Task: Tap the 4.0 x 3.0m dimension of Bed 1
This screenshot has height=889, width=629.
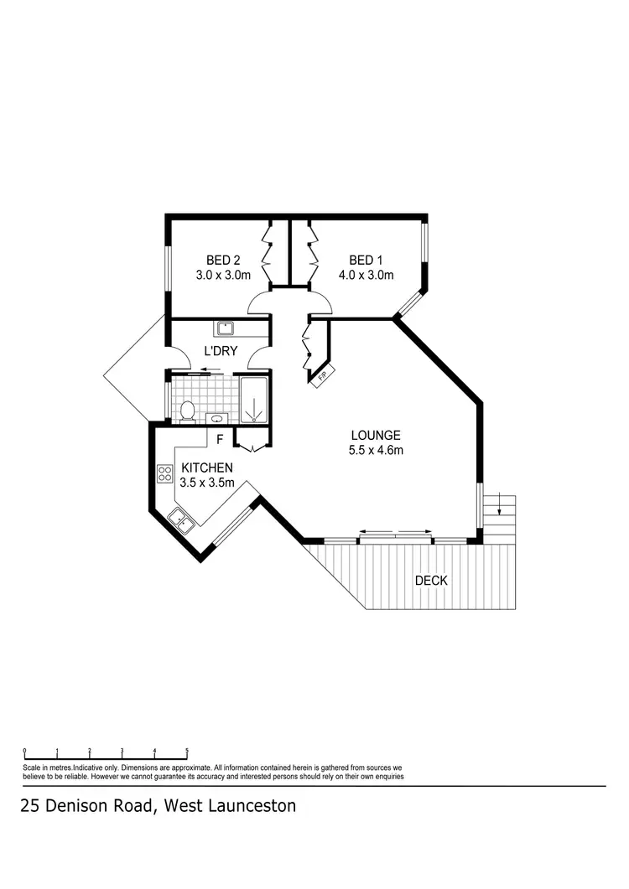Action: point(366,275)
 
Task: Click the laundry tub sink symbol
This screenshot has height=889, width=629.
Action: point(225,328)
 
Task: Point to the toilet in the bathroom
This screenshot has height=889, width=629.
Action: point(188,411)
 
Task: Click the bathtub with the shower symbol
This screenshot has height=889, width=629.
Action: point(253,401)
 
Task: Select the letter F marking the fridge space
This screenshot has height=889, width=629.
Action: point(220,439)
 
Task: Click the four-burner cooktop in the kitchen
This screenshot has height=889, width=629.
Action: point(164,475)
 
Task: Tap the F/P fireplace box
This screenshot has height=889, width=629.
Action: point(324,377)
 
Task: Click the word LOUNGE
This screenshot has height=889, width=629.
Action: point(375,436)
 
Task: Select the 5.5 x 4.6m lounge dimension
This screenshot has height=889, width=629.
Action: point(377,451)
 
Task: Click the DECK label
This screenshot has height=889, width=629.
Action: point(432,581)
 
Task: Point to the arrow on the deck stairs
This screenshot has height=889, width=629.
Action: point(500,504)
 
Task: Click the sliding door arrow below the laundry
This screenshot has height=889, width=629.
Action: point(205,370)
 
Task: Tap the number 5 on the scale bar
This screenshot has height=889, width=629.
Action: point(187,751)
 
